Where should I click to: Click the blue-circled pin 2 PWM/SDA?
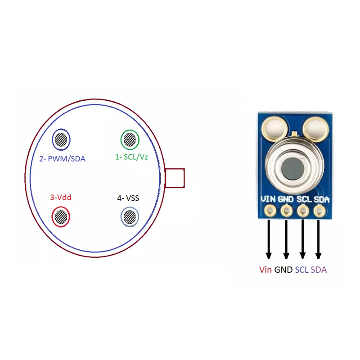(61, 139)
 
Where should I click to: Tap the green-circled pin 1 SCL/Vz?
(130, 139)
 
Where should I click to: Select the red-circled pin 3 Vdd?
(61, 217)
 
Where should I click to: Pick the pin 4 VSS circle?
(130, 217)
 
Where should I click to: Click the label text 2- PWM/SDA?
(62, 159)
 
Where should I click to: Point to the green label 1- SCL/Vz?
(131, 157)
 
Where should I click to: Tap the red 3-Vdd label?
(61, 197)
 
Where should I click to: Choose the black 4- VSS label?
(128, 198)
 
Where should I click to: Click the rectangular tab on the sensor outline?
(175, 178)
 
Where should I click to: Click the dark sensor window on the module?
(293, 168)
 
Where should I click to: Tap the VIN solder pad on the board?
(270, 211)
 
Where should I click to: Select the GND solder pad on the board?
(287, 211)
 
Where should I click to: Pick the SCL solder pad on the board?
(303, 211)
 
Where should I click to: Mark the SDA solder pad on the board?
(319, 211)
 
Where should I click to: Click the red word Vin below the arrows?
(265, 270)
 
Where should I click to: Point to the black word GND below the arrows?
(283, 270)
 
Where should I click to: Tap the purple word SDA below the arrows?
(319, 270)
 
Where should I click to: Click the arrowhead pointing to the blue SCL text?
(302, 255)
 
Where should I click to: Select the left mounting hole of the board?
(274, 128)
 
